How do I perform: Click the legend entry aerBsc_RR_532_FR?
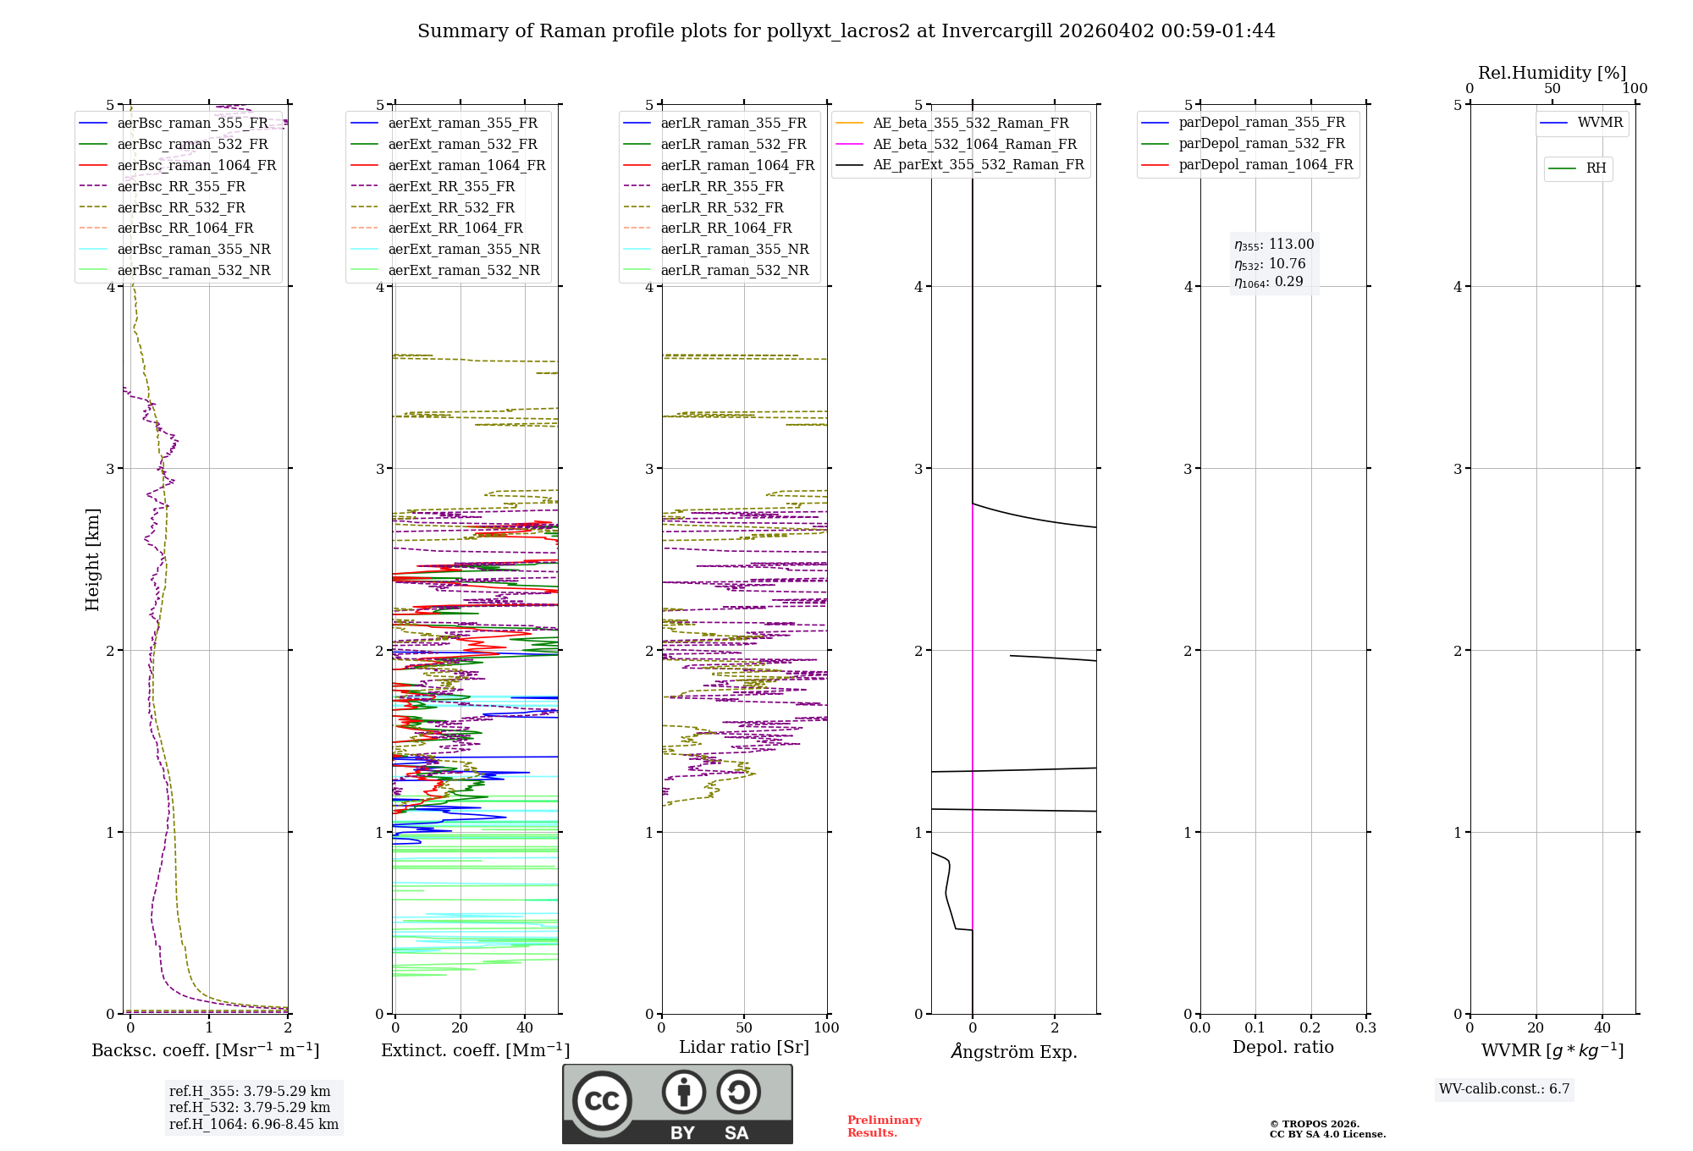pyautogui.click(x=181, y=207)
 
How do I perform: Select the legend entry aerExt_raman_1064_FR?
pyautogui.click(x=466, y=165)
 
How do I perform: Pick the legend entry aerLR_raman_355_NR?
pyautogui.click(x=734, y=249)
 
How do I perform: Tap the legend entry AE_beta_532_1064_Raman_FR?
pyautogui.click(x=974, y=144)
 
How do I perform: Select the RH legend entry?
pyautogui.click(x=1596, y=168)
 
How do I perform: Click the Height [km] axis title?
pyautogui.click(x=92, y=559)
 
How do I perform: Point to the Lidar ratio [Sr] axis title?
pyautogui.click(x=743, y=1047)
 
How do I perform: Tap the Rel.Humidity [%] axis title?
pyautogui.click(x=1552, y=73)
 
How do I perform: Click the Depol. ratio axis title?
pyautogui.click(x=1282, y=1047)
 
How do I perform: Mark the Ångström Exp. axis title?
pyautogui.click(x=1013, y=1051)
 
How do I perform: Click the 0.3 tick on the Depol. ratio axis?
pyautogui.click(x=1365, y=1027)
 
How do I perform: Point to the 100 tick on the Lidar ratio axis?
pyautogui.click(x=826, y=1027)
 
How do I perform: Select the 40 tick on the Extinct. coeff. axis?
pyautogui.click(x=525, y=1027)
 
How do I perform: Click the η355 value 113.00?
pyautogui.click(x=1291, y=245)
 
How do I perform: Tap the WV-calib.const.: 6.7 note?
pyautogui.click(x=1503, y=1088)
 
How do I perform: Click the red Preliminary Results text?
pyautogui.click(x=884, y=1126)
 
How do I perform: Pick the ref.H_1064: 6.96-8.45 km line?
pyautogui.click(x=253, y=1124)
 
